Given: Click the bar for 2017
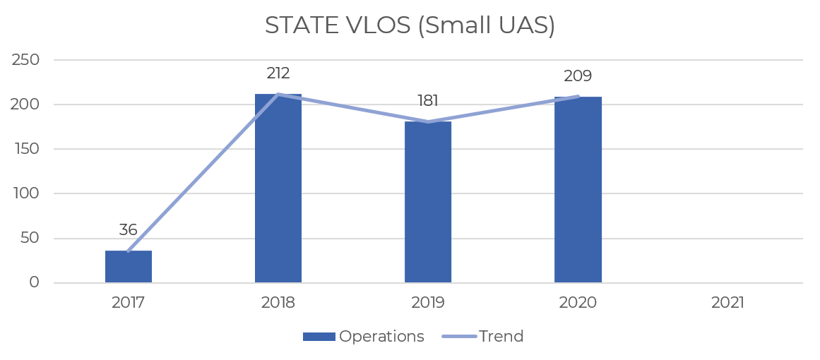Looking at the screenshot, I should (x=129, y=267).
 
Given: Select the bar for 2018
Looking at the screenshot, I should (x=278, y=188).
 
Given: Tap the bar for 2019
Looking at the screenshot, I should (x=428, y=202).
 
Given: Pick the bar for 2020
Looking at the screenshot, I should (x=578, y=190).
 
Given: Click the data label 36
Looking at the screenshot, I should (x=128, y=230).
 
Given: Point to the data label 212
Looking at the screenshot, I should (x=278, y=73).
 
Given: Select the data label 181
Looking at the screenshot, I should (x=428, y=100).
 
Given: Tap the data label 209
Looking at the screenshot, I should (x=578, y=76).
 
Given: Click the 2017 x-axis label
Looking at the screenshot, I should (x=128, y=303).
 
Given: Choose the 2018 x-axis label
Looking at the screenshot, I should (x=278, y=303).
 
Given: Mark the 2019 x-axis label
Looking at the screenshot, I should (x=428, y=303).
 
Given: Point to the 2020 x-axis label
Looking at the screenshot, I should (x=578, y=303).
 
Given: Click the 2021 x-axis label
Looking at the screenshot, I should (x=728, y=303).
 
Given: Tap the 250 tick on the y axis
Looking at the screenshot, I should (x=25, y=60).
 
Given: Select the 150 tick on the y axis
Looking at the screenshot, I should (x=25, y=150).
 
